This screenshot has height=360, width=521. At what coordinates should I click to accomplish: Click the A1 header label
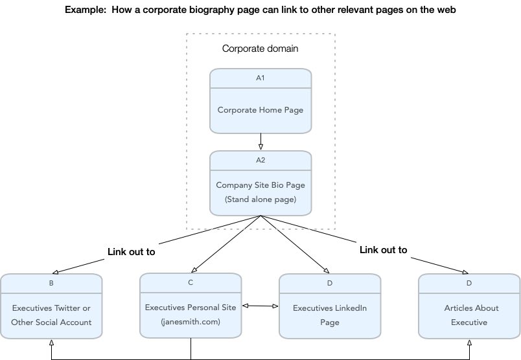point(260,78)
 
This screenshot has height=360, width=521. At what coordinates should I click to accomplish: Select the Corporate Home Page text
point(260,109)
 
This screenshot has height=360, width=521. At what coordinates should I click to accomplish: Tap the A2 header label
point(260,160)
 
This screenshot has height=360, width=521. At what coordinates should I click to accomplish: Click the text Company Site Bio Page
point(260,185)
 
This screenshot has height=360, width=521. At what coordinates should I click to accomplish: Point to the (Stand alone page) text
point(260,199)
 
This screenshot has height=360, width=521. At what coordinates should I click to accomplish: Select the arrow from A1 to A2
point(260,141)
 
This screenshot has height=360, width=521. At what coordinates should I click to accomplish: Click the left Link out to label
point(131,252)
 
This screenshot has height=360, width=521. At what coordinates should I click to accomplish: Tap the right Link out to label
point(383,249)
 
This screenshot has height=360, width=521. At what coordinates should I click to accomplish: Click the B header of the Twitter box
point(51,283)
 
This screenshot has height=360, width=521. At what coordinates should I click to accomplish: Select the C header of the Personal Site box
point(191,282)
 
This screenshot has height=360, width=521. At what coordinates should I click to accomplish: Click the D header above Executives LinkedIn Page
point(329,283)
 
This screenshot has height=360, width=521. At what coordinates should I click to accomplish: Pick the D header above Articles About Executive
point(469,283)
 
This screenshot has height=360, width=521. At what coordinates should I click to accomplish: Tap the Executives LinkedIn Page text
point(329,315)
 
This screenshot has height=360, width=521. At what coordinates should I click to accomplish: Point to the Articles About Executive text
point(469,315)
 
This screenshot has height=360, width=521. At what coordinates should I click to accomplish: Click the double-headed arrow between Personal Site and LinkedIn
point(260,306)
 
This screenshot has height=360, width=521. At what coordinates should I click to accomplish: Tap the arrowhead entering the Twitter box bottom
point(51,343)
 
